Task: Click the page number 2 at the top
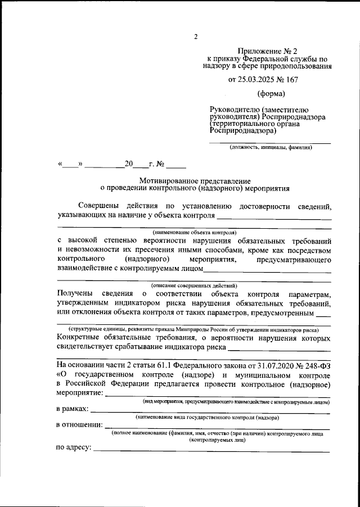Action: pyautogui.click(x=196, y=37)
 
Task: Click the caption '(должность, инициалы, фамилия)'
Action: pyautogui.click(x=270, y=147)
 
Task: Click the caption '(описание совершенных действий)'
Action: pyautogui.click(x=195, y=286)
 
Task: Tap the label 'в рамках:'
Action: pyautogui.click(x=73, y=409)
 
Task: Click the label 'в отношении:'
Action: pyautogui.click(x=79, y=425)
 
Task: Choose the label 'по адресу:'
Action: pyautogui.click(x=74, y=448)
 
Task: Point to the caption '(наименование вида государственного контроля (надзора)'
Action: pyautogui.click(x=208, y=418)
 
